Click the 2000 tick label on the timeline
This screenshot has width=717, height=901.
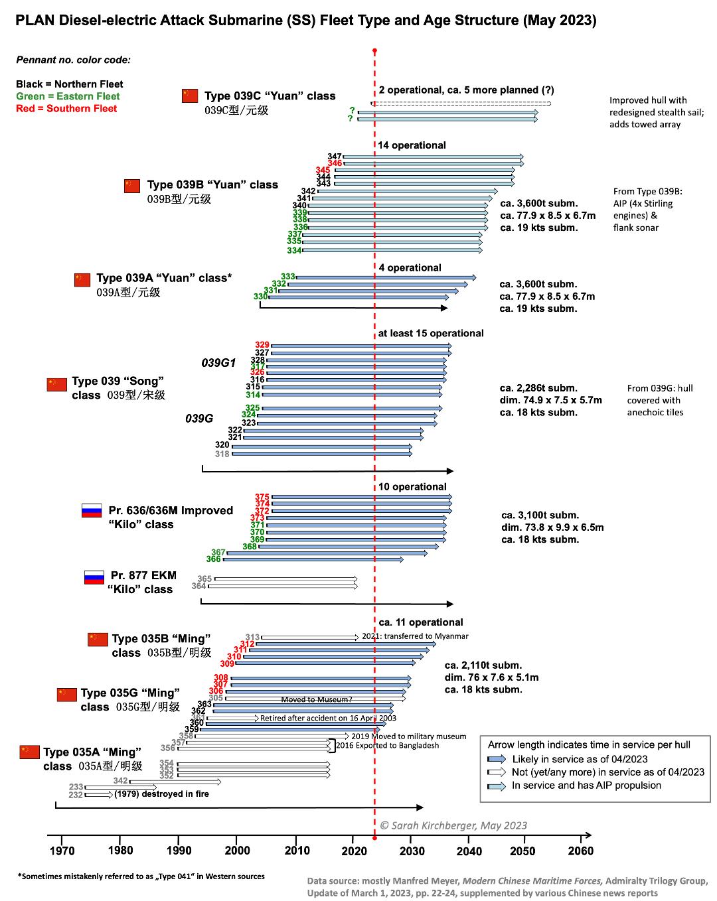click(x=238, y=851)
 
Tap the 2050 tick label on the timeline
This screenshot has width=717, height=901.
click(x=522, y=851)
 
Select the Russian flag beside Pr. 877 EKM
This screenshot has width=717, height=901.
click(x=94, y=577)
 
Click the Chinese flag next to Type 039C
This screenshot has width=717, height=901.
click(x=190, y=96)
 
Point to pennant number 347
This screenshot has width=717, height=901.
click(x=335, y=157)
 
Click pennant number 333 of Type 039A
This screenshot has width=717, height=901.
click(x=288, y=277)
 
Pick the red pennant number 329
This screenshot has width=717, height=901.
click(x=262, y=345)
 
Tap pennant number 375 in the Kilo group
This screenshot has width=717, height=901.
click(x=262, y=497)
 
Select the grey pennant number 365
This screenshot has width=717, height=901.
click(x=204, y=579)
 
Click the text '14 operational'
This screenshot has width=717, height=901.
click(x=412, y=145)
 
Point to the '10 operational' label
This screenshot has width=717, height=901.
click(x=412, y=487)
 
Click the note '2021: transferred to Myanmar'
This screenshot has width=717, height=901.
click(x=415, y=636)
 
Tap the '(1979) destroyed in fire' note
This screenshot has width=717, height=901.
click(x=161, y=794)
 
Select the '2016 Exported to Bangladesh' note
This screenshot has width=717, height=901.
click(x=388, y=746)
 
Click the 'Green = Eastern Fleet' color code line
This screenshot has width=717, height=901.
click(x=68, y=97)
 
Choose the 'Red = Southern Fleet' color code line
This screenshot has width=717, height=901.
click(x=66, y=109)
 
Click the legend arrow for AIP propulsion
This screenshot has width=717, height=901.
click(x=497, y=786)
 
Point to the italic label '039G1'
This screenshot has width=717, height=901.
click(x=218, y=363)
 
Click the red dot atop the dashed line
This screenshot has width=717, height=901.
click(x=375, y=51)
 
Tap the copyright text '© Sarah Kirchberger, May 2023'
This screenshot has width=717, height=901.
click(x=453, y=826)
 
